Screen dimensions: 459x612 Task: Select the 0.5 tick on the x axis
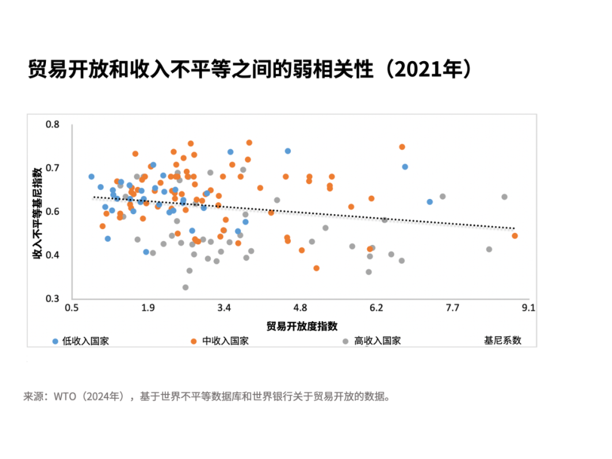[71, 308]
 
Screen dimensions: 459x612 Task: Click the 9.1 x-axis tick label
[528, 308]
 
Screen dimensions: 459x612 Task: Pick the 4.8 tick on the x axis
[300, 308]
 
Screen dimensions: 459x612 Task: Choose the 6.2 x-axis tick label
[376, 308]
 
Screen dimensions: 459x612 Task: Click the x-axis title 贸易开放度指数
[302, 326]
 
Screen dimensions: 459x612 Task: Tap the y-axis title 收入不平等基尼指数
[37, 212]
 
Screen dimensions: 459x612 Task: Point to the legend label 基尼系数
[502, 341]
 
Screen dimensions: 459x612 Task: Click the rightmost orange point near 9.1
[515, 236]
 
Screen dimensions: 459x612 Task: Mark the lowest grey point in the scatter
[185, 287]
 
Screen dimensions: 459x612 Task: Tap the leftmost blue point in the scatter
[91, 177]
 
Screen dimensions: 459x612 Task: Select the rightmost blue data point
[430, 202]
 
